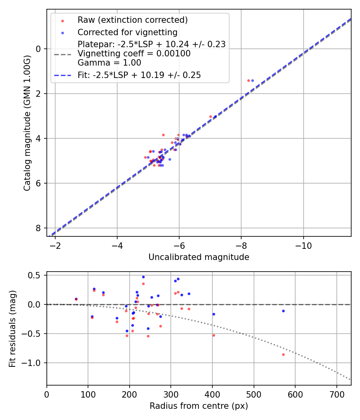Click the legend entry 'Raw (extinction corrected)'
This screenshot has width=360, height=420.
point(132,20)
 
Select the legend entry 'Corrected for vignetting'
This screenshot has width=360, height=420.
point(127,32)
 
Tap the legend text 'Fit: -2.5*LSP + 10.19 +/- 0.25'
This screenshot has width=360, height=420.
point(139,75)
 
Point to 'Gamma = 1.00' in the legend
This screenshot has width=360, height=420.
point(109,62)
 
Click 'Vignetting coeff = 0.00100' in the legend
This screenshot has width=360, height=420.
point(134,53)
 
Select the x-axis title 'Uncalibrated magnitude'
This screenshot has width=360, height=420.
point(199,257)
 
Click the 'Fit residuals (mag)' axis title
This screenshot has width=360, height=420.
point(12,328)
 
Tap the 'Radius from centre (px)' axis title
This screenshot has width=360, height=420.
point(199,406)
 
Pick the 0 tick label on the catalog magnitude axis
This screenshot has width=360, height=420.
point(39,49)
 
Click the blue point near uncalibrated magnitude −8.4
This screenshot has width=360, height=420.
point(252,80)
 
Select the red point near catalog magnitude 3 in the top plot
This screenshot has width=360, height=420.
point(210,116)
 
